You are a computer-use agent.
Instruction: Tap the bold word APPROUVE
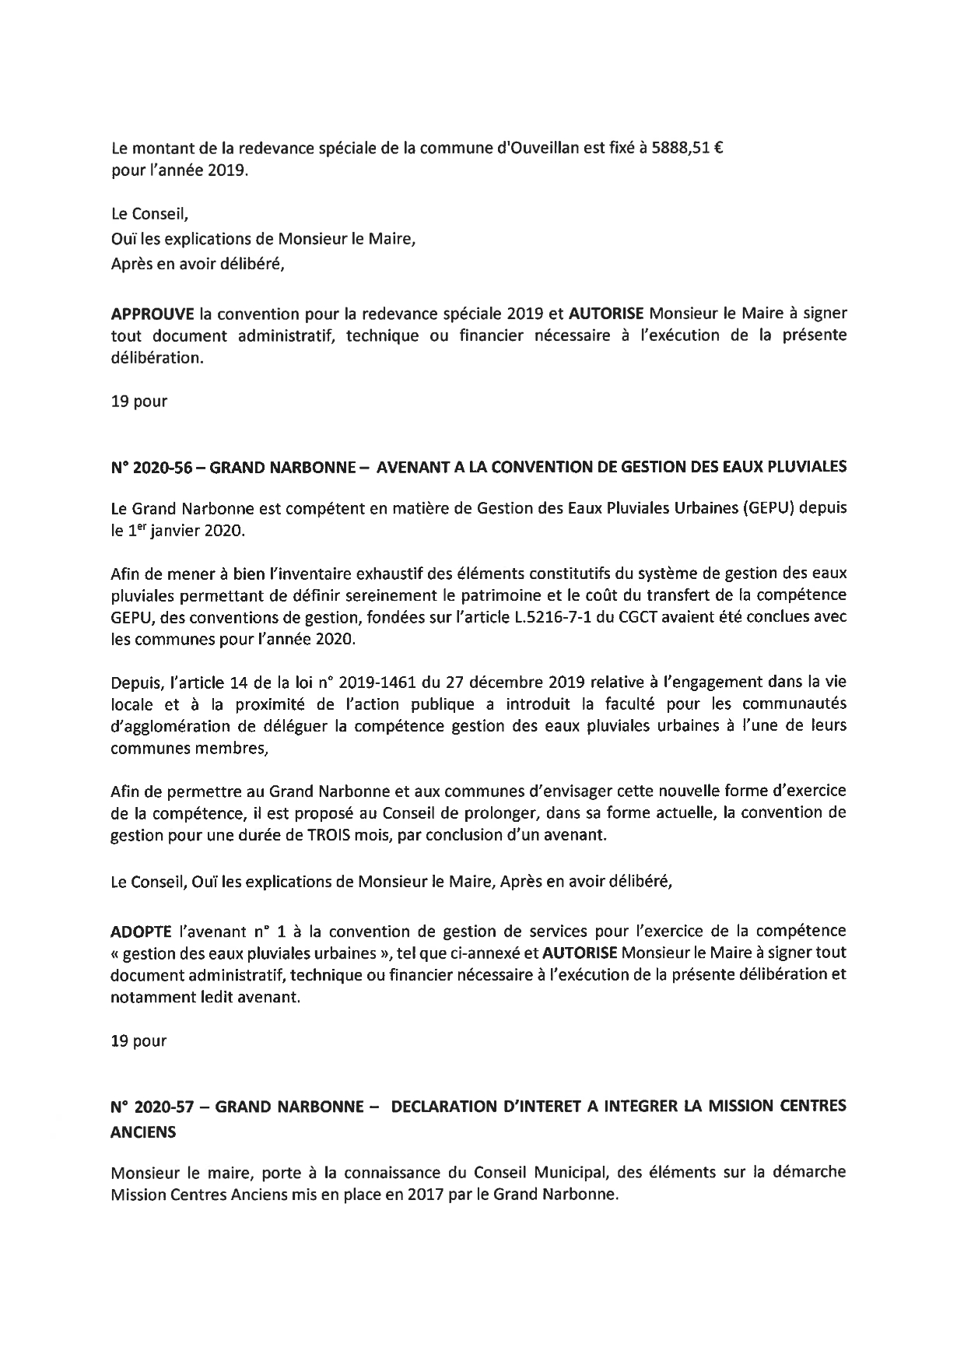pyautogui.click(x=152, y=314)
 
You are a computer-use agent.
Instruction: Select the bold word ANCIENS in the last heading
pyautogui.click(x=143, y=1133)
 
